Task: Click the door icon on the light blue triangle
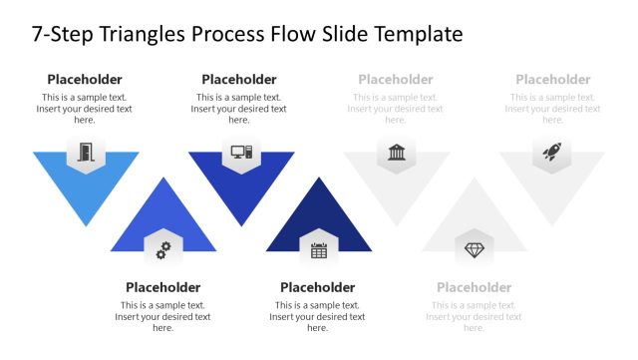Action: pyautogui.click(x=85, y=153)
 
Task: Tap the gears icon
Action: pyautogui.click(x=162, y=250)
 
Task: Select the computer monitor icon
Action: pyautogui.click(x=240, y=153)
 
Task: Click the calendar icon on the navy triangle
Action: pyautogui.click(x=319, y=250)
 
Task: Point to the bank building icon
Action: pyautogui.click(x=396, y=153)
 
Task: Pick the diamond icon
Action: pyautogui.click(x=474, y=249)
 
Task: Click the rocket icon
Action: pyautogui.click(x=552, y=153)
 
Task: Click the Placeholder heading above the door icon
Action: pyautogui.click(x=85, y=80)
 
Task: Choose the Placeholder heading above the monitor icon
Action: pyautogui.click(x=239, y=80)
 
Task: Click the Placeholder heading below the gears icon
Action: pyautogui.click(x=162, y=287)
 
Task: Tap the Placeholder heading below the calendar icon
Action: pyautogui.click(x=318, y=287)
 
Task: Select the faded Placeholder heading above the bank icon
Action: pyautogui.click(x=396, y=80)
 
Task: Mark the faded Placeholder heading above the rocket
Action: pyautogui.click(x=553, y=80)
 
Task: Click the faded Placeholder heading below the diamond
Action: pyautogui.click(x=475, y=287)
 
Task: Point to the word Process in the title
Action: pyautogui.click(x=237, y=34)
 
